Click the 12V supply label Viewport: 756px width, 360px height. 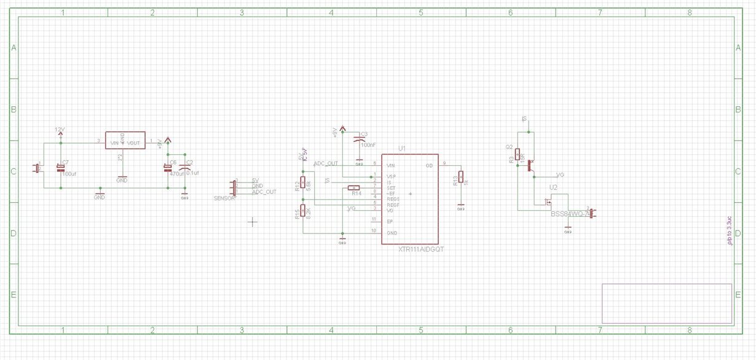coord(60,129)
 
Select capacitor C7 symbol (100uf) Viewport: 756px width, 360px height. coord(60,167)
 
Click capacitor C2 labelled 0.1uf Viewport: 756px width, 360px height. coord(184,167)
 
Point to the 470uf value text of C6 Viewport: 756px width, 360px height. coord(176,174)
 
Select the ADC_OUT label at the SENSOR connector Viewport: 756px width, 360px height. coord(264,192)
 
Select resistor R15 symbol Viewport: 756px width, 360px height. coord(302,212)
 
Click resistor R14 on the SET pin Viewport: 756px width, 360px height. coord(355,188)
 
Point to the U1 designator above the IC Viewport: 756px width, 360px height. coord(403,149)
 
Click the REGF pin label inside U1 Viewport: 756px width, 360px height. coord(393,205)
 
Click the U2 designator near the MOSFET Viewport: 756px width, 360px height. coord(553,187)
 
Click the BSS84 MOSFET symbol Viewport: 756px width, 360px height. coord(549,202)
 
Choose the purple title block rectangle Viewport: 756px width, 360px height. coord(666,303)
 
